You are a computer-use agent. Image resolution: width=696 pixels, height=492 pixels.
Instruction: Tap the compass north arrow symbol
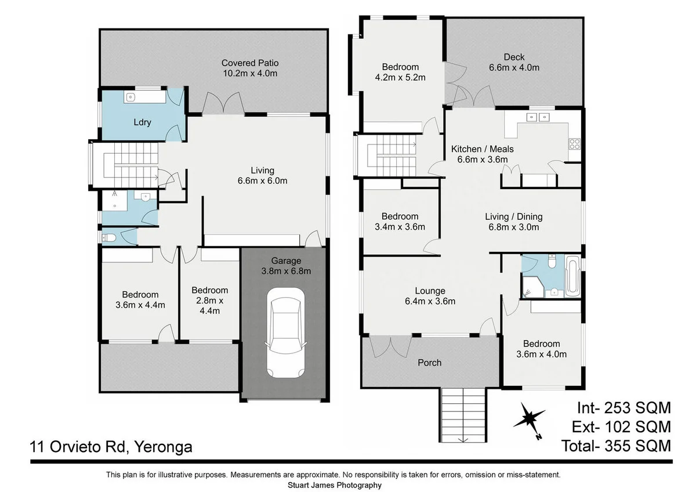coord(528,418)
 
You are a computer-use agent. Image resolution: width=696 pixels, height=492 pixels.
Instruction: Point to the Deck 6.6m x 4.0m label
coord(514,62)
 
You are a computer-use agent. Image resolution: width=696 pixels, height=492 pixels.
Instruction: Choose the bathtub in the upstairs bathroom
coord(572,277)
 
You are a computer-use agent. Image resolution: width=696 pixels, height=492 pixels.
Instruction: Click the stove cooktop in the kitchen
coord(574,143)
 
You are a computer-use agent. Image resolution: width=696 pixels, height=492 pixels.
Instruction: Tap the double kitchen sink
coord(538,117)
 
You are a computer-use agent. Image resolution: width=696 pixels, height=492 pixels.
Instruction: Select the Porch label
coord(430,363)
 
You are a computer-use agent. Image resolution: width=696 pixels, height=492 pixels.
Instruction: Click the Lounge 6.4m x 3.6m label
coord(430,296)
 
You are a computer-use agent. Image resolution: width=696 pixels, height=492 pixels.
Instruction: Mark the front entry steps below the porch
coord(463,414)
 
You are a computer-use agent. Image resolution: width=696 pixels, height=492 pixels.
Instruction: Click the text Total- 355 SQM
coord(616,446)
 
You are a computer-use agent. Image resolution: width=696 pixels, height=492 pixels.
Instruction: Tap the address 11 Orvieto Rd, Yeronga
coord(111,447)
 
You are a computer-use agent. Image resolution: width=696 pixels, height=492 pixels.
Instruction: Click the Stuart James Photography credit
coord(335,485)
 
